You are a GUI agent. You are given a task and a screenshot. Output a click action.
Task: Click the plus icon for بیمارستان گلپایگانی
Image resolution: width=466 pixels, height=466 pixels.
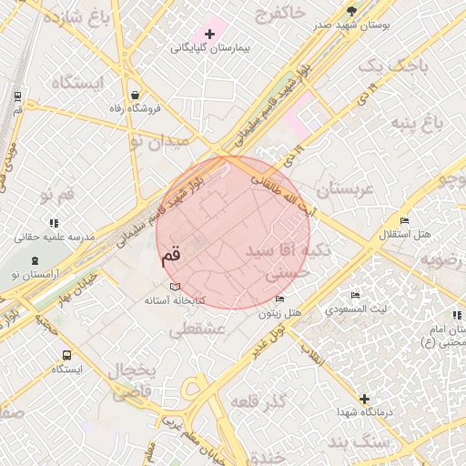coord(210,34)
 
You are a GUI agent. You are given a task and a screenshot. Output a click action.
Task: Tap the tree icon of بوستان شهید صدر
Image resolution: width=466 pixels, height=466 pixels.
coord(352,11)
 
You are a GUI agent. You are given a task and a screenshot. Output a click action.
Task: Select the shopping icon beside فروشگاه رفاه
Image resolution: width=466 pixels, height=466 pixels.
coord(136,95)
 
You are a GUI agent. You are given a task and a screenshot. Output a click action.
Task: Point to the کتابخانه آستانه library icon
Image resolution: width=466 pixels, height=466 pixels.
coord(176,288)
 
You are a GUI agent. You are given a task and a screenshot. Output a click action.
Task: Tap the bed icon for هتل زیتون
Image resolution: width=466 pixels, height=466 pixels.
coord(279,299)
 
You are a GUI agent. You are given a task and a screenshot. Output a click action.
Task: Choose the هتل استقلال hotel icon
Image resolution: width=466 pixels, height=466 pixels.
coord(405,220)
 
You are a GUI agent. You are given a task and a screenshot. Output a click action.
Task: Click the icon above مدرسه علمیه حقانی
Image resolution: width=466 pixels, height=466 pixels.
coord(54,222)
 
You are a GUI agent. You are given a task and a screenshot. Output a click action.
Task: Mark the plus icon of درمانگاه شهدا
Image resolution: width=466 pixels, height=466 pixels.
coord(365,399)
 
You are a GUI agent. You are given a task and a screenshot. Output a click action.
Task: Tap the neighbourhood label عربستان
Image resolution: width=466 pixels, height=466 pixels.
coord(345,190)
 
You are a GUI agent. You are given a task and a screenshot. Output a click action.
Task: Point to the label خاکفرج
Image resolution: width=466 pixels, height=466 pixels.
coord(281,15)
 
